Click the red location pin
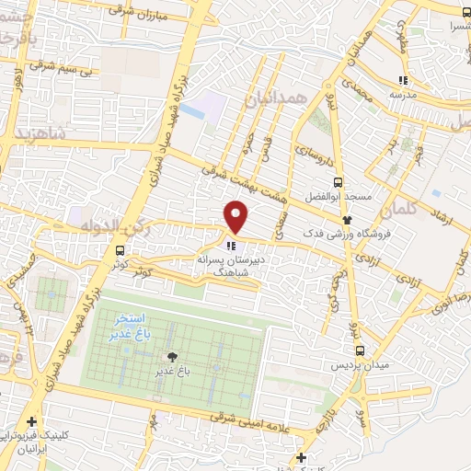(x=237, y=217)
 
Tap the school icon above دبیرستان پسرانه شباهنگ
(x=230, y=246)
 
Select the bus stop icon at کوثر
(x=120, y=249)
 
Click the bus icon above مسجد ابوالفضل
(x=339, y=181)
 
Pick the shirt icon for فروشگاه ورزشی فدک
(x=348, y=219)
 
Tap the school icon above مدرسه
(x=402, y=80)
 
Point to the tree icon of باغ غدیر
(x=171, y=357)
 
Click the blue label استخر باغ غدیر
(x=127, y=324)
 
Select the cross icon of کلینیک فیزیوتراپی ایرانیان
(x=32, y=420)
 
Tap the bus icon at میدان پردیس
(x=360, y=350)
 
